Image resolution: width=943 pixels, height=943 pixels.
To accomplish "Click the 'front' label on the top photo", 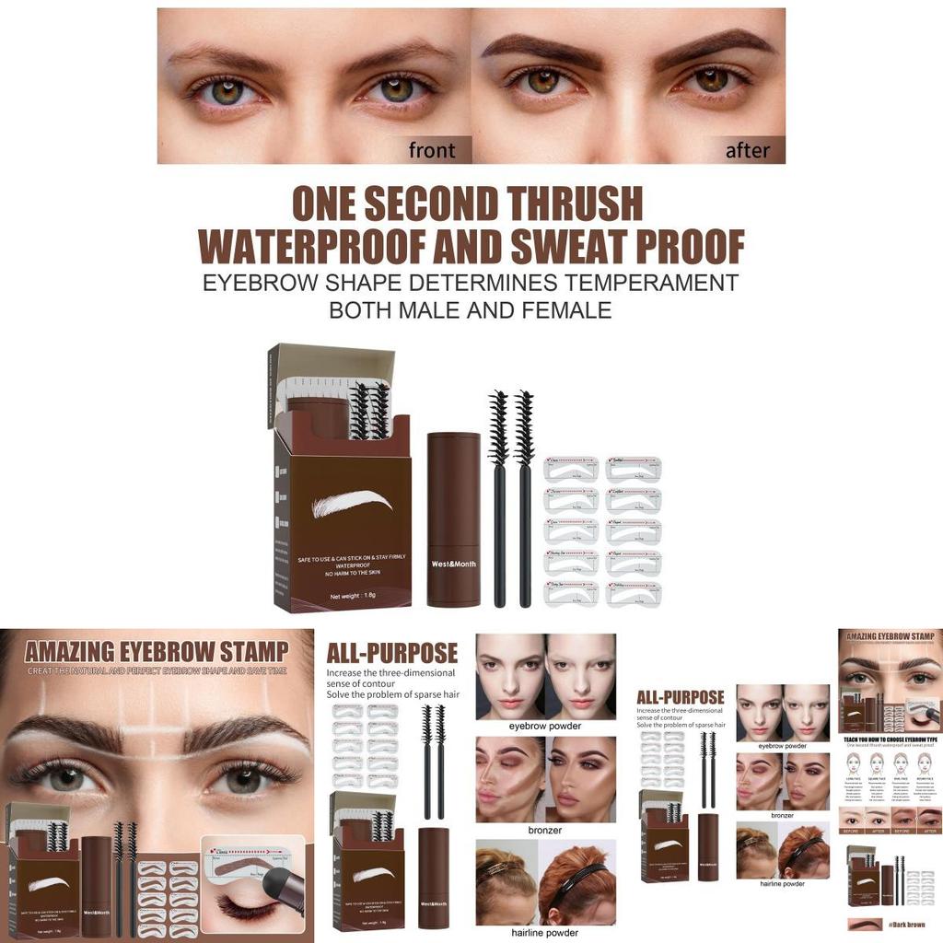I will [x=431, y=150].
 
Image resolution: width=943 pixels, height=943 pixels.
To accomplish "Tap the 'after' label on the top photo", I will [x=747, y=150].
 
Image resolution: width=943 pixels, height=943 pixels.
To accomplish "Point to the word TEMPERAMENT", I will [x=634, y=282].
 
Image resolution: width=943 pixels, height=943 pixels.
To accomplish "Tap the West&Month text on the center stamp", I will [x=453, y=563].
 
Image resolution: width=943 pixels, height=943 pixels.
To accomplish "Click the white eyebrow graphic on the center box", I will [x=353, y=503].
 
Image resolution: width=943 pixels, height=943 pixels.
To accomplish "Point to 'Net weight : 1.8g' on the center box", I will [x=354, y=597].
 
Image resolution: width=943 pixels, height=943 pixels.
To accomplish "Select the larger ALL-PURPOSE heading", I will [x=392, y=654].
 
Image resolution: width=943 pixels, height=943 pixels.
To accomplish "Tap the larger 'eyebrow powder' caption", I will [x=545, y=726].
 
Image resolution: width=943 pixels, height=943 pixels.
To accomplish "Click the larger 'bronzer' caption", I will [x=545, y=830].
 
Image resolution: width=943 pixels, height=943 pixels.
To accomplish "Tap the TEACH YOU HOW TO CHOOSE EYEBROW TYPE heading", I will [x=890, y=739].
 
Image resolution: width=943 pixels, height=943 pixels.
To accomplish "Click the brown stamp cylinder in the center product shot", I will [x=453, y=519].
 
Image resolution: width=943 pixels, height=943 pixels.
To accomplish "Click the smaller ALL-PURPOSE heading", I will [x=681, y=697].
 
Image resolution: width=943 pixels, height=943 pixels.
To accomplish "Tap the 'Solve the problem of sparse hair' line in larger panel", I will [x=393, y=694].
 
